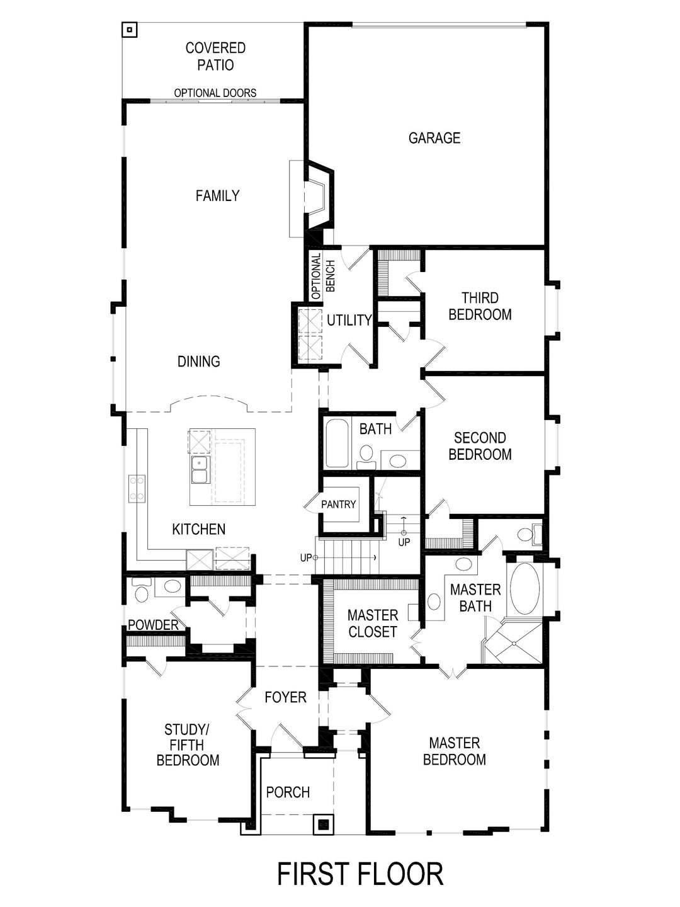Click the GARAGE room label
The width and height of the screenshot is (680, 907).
click(x=434, y=138)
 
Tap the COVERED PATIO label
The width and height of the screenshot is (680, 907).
click(x=215, y=56)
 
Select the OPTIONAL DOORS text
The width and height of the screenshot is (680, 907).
click(x=215, y=93)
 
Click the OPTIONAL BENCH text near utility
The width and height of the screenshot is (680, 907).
click(x=323, y=276)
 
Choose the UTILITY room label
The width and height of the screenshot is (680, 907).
click(x=349, y=320)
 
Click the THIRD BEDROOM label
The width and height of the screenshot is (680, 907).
click(x=480, y=306)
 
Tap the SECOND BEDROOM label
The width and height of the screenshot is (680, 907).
click(x=480, y=446)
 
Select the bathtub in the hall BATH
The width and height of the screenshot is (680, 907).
click(x=336, y=443)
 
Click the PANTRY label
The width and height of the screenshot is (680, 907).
click(x=338, y=504)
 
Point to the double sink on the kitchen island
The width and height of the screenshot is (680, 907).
click(x=200, y=470)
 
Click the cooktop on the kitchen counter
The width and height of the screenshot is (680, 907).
click(x=137, y=489)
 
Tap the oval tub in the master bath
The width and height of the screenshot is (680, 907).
click(x=524, y=589)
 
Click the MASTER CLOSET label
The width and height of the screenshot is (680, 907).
click(x=372, y=624)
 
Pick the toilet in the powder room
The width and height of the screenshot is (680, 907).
click(x=141, y=591)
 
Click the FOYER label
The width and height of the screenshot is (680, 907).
click(x=285, y=697)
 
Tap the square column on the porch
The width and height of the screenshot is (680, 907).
click(x=323, y=824)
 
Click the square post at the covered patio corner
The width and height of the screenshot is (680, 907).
click(x=129, y=30)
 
